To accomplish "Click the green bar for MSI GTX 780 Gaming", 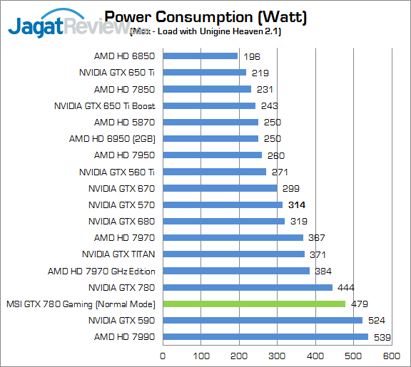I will point(254,304).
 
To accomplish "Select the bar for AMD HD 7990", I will point(265,337).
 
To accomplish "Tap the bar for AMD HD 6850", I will point(201,56).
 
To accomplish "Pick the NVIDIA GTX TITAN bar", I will point(234,254).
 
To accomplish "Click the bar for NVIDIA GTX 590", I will point(263,321).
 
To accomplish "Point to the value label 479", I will point(360,304).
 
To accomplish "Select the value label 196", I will point(250,56).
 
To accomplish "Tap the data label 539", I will point(382,337).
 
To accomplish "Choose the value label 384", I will point(324,271).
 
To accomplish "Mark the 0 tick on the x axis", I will point(164,356).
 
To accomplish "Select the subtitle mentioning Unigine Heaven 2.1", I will point(203,31).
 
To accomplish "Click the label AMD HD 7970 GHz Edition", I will point(101,271).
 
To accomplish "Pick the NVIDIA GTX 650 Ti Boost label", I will point(104,106).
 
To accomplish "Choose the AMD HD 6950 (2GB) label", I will point(112,139).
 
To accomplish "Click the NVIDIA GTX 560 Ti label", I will point(117,172).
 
